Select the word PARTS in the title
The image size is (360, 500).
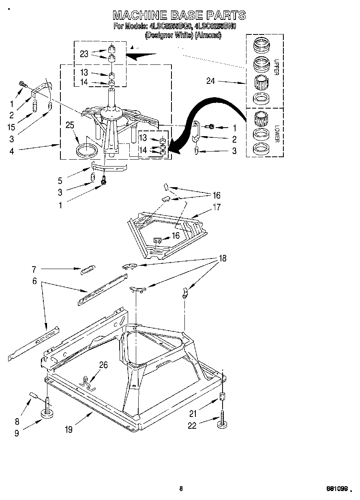(x=226, y=15)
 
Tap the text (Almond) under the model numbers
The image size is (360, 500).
(x=208, y=35)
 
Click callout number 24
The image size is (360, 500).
(x=210, y=81)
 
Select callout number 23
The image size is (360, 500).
(x=84, y=53)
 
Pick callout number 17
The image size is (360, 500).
(x=216, y=207)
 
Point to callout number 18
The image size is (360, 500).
(x=223, y=258)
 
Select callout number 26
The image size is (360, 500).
(x=103, y=365)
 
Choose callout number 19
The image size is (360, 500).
(x=69, y=429)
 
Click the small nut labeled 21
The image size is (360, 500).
(x=222, y=397)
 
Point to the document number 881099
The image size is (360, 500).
(x=338, y=488)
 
